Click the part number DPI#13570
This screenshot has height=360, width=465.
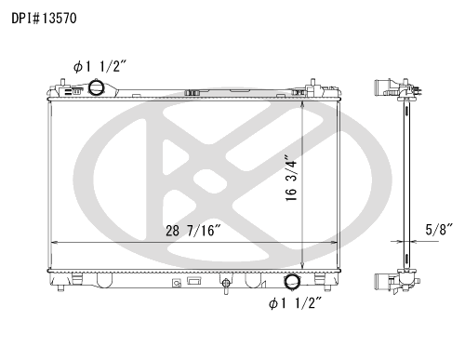[44, 19]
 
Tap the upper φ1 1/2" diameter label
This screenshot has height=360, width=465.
[100, 66]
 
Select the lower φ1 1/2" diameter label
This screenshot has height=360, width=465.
[296, 302]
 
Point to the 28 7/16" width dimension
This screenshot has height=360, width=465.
[193, 231]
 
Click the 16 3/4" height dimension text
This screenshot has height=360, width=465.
[291, 178]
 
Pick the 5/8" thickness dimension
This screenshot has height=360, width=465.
[439, 230]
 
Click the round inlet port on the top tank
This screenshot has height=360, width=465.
[96, 87]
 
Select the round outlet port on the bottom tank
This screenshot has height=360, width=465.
[292, 282]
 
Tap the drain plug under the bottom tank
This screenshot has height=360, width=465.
[226, 285]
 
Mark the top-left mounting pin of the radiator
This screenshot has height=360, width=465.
[62, 82]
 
